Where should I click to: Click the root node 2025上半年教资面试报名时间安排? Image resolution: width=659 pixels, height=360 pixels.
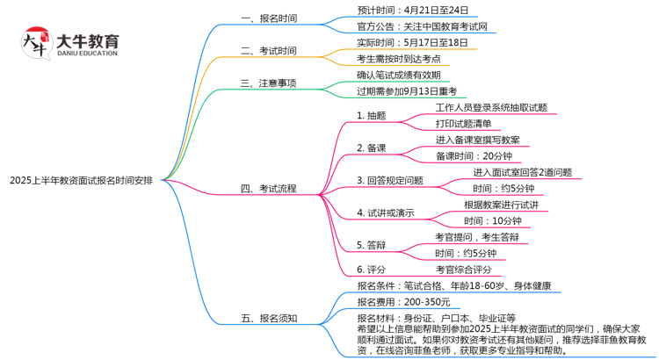coord(82,180)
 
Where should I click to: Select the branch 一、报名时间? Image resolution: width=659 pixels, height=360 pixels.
coord(269,18)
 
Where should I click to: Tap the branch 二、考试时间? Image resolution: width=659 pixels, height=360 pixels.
coord(269,51)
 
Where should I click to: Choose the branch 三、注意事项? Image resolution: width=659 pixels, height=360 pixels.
coord(269,83)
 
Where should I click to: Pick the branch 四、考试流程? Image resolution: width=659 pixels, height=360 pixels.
coord(269,188)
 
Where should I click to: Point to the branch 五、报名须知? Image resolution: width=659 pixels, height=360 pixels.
coord(269,318)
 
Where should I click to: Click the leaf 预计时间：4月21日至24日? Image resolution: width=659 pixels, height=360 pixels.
coord(412,11)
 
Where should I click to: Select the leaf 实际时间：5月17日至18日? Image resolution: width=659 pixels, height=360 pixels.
coord(412,42)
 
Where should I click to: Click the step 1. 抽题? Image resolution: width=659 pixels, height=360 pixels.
coord(372,115)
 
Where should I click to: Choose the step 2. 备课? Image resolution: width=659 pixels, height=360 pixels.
coord(372,148)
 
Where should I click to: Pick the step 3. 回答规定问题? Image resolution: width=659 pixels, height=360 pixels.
coord(390,180)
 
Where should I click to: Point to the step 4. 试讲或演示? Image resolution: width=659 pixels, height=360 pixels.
coord(386,212)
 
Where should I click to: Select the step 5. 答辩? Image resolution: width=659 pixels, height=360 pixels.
coord(372,244)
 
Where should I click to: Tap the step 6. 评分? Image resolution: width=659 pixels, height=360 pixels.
coord(372,269)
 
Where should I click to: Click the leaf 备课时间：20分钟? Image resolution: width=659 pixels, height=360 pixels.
coord(474,155)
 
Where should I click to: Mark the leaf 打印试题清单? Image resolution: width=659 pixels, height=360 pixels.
coord(463,123)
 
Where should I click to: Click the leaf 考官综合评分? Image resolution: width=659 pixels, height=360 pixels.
coord(463,269)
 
